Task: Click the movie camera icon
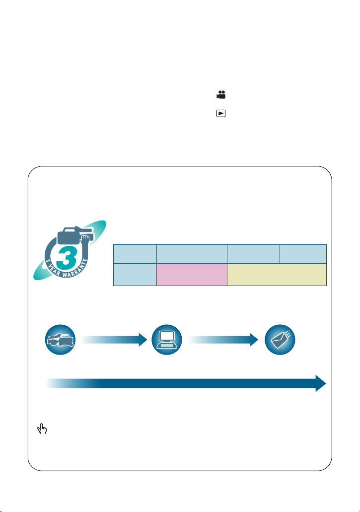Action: [221, 95]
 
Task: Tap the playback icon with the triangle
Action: [221, 113]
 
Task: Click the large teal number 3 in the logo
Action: [66, 257]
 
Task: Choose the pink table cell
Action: [192, 275]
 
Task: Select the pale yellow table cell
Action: [277, 275]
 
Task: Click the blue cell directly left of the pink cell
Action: [135, 275]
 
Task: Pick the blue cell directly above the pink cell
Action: [192, 254]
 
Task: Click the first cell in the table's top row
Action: [135, 254]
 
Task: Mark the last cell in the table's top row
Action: [303, 254]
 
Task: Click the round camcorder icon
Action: [61, 340]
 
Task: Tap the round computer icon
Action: [167, 340]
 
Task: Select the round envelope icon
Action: [280, 340]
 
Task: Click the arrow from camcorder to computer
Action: [114, 340]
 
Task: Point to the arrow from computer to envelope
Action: [223, 340]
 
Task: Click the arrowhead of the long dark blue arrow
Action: [321, 383]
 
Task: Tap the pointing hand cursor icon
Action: [42, 429]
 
